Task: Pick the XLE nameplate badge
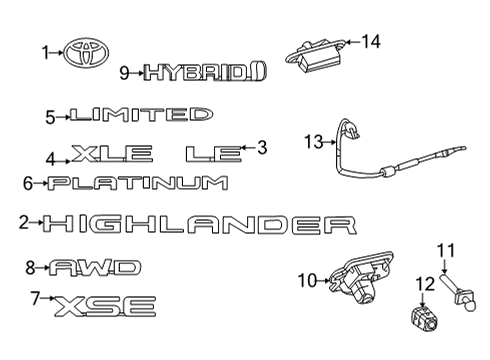pyautogui.click(x=112, y=154)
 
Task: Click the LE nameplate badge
pyautogui.click(x=213, y=154)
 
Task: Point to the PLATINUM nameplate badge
pyautogui.click(x=138, y=183)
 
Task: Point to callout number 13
pyautogui.click(x=314, y=143)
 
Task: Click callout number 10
pyautogui.click(x=306, y=278)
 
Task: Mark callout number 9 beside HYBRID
pyautogui.click(x=125, y=72)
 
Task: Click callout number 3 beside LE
pyautogui.click(x=263, y=148)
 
